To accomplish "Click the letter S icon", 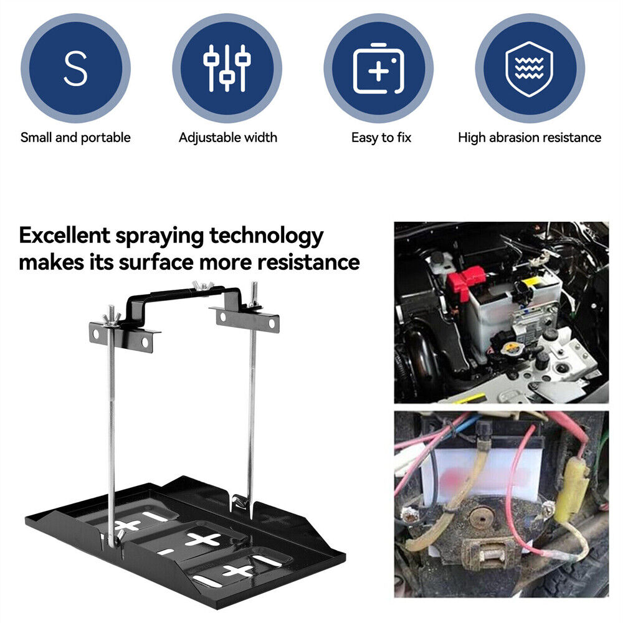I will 75,69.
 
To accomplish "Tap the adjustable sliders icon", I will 227,69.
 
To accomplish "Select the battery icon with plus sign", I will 378,69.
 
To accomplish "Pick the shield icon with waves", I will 529,69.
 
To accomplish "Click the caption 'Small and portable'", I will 75,138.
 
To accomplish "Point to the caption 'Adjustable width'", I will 227,138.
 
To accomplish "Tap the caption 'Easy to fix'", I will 381,138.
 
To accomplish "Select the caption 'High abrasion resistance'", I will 530,138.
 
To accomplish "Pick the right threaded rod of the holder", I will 252,399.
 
